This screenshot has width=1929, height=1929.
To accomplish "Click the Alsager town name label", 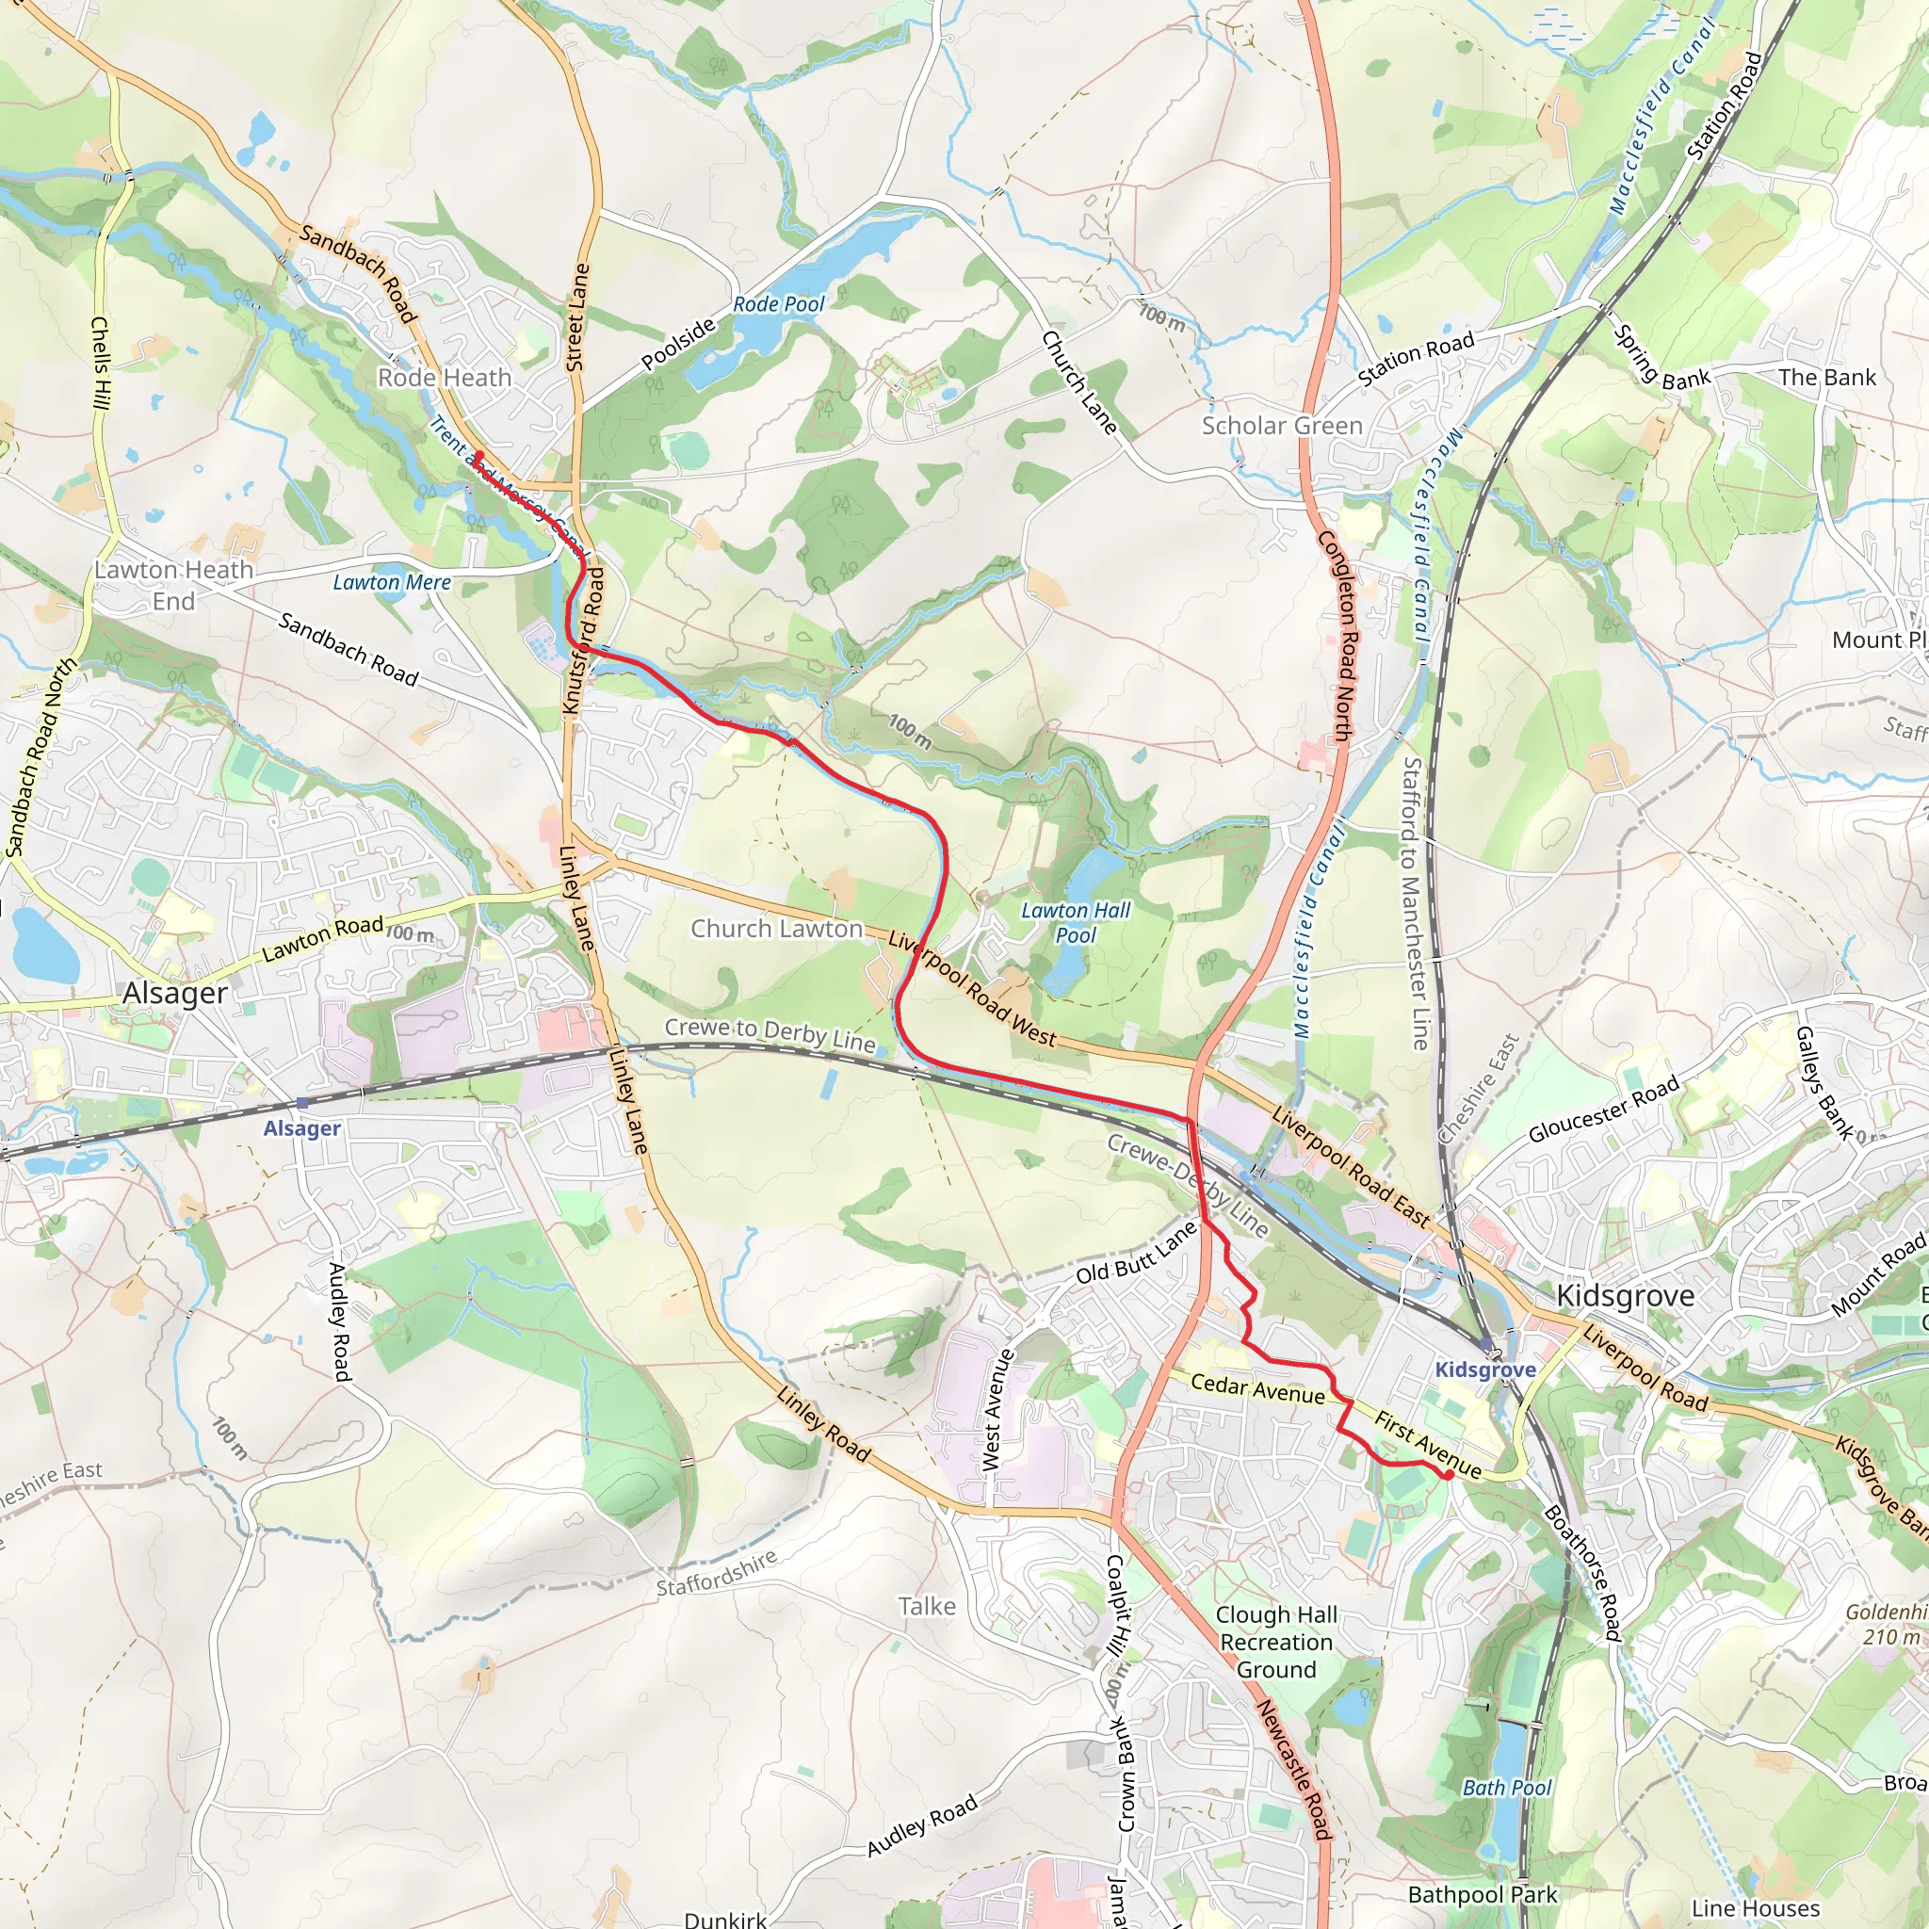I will (x=175, y=994).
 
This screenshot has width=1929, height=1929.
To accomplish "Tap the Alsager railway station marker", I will (x=300, y=1103).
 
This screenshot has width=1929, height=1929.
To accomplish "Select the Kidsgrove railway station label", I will (x=1484, y=1370).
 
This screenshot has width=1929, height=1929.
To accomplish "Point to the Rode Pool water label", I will (x=779, y=303).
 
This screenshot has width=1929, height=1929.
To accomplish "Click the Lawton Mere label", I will (x=392, y=582).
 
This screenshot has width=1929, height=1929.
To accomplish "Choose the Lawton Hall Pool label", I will (x=1076, y=922).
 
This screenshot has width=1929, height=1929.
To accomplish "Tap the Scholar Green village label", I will (x=1282, y=426).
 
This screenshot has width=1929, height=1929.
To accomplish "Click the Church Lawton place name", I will (x=777, y=929).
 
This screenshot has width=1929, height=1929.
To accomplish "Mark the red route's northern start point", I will (x=478, y=455).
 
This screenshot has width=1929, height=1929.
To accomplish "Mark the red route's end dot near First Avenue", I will (x=1448, y=1475).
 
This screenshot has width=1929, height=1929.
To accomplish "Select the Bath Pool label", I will (x=1507, y=1787).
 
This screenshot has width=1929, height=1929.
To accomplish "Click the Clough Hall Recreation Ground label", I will (x=1276, y=1643).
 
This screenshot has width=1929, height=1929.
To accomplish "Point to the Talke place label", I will (x=927, y=1607).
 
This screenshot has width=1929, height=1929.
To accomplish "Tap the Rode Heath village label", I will (x=445, y=378).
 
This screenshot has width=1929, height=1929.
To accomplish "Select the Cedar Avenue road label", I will (x=1257, y=1387).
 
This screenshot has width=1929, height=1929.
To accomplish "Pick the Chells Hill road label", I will (x=100, y=364).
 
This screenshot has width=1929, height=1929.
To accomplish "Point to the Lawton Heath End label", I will (x=173, y=585).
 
